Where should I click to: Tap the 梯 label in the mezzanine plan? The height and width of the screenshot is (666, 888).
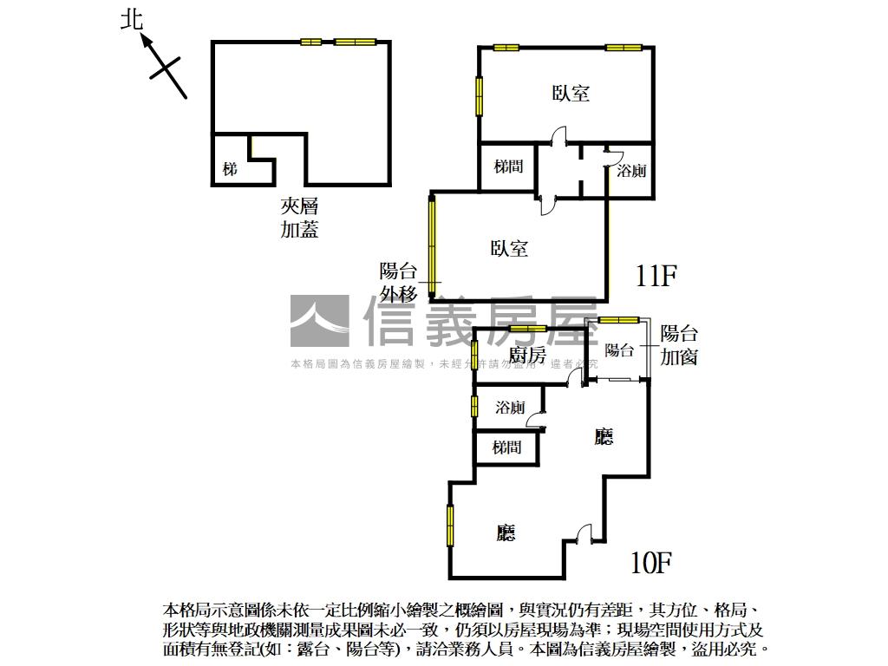229,169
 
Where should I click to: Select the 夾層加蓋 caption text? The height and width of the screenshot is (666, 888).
299,218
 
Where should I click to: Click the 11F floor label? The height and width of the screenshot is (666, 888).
655,277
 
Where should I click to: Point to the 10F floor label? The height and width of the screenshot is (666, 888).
651,564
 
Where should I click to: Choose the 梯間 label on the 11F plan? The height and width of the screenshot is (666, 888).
508,166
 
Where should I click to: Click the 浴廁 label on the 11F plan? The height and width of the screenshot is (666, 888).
631,171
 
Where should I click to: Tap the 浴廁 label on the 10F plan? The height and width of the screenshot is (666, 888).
510,408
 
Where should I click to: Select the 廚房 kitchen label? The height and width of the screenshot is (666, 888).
527,356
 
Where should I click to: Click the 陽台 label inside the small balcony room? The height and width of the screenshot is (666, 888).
619,350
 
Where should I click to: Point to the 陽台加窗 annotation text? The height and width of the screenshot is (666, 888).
679,345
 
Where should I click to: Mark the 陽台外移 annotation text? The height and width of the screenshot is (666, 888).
398,282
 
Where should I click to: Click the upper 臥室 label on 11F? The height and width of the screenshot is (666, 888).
571,93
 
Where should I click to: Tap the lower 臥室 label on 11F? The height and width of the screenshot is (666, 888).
509,249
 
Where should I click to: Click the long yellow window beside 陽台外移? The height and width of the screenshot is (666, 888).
432,240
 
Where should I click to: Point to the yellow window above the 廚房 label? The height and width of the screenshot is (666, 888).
527,328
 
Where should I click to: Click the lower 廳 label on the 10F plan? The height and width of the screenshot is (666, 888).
506,532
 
